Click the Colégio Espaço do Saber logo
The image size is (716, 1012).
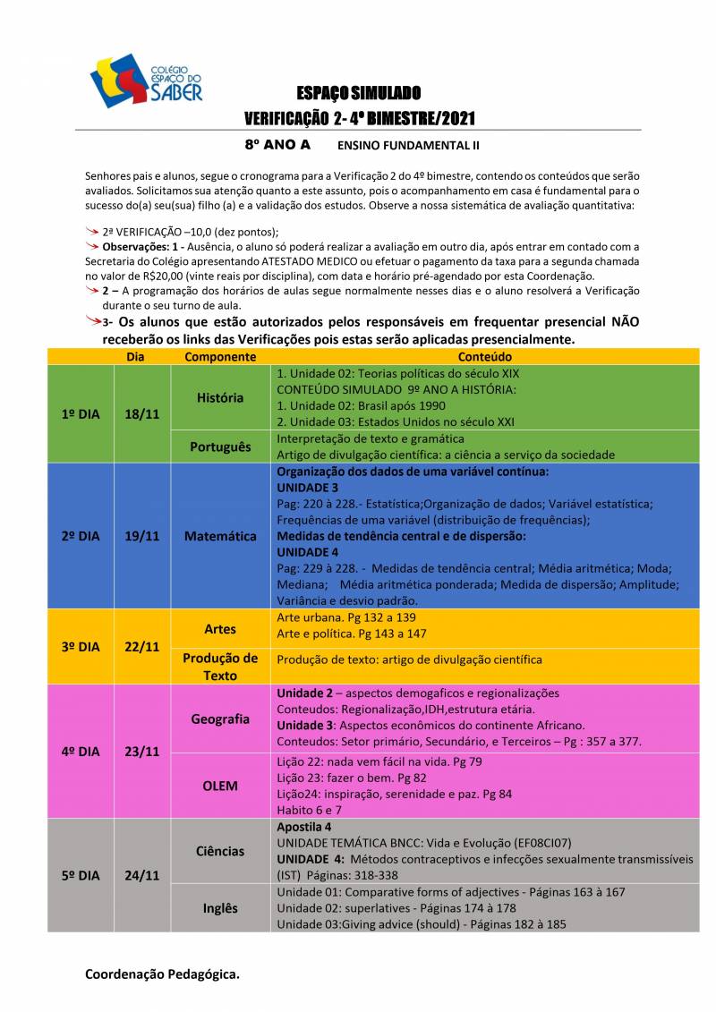[146, 81]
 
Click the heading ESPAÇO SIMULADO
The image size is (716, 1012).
[359, 94]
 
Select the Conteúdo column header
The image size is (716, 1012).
[484, 356]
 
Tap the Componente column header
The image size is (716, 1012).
[220, 356]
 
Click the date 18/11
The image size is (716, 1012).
[142, 414]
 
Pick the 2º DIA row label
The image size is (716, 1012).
[81, 536]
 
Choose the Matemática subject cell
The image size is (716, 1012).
[220, 536]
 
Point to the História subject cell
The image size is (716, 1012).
[220, 397]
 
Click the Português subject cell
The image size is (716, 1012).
[220, 446]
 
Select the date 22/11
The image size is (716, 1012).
[142, 647]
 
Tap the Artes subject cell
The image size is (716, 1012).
[220, 629]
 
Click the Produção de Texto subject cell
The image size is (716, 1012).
[220, 667]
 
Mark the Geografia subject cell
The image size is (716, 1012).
[220, 719]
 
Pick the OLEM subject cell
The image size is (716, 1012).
[220, 786]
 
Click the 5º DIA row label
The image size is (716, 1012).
[81, 876]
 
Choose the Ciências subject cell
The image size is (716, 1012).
[220, 851]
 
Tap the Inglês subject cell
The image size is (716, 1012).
[220, 908]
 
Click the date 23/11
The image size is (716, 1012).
[142, 752]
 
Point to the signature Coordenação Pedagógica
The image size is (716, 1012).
[162, 974]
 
